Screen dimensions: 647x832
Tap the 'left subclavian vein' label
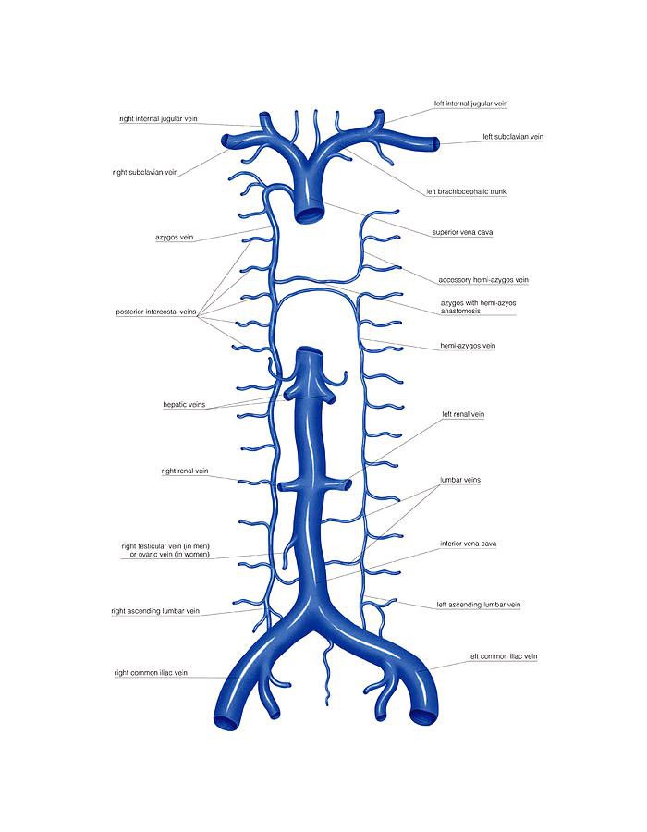[512, 137]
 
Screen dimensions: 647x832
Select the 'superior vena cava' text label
[462, 232]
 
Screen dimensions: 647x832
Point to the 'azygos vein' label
[175, 238]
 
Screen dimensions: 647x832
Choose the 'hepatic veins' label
[184, 405]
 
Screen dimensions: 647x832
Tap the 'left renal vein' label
[463, 414]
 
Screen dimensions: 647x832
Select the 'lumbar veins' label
[460, 480]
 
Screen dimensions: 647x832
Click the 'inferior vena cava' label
[470, 544]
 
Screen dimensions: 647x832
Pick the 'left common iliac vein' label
[503, 656]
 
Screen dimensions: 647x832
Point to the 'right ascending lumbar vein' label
[155, 611]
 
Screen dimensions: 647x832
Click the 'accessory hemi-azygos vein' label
[483, 279]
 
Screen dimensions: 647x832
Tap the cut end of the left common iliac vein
[425, 715]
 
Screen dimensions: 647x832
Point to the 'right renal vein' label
[185, 471]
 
